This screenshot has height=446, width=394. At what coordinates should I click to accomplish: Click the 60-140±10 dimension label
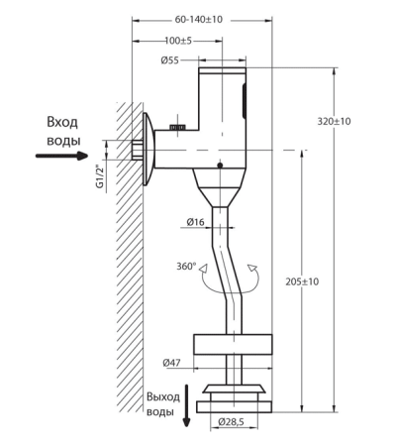[199, 20]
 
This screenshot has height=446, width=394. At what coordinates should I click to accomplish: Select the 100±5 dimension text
[178, 41]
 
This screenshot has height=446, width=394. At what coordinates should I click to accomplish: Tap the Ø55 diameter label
[169, 60]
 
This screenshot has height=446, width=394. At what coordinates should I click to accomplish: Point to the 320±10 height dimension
[334, 121]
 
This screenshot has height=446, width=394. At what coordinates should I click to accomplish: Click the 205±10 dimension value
[302, 281]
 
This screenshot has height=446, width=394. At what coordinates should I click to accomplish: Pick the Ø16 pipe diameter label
[195, 222]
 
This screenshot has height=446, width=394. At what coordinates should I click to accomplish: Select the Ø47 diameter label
[171, 363]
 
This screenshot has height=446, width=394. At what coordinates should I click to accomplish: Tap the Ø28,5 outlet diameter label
[231, 422]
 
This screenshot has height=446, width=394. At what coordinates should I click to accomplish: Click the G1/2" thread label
[100, 176]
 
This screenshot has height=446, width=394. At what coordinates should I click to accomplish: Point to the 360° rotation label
[186, 266]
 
